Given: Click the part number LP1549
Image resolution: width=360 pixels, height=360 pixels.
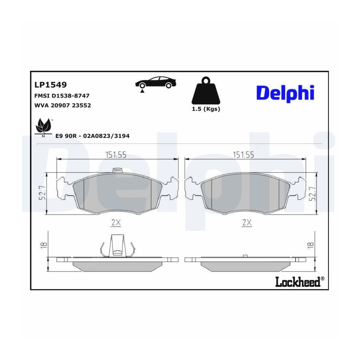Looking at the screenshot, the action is [x=50, y=85].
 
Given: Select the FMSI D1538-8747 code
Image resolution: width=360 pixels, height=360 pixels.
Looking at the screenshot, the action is [x=62, y=96].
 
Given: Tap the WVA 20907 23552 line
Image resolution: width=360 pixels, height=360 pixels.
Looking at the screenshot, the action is [x=63, y=105].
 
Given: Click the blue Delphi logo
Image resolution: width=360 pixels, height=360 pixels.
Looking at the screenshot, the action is [x=285, y=94].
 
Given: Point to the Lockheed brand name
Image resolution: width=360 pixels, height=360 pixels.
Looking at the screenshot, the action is [x=300, y=282].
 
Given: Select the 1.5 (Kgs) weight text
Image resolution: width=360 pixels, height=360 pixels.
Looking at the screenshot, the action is [x=206, y=109].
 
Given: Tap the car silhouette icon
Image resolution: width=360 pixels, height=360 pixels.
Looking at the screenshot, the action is [x=156, y=82].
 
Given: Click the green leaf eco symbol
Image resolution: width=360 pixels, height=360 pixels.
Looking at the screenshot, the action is [x=43, y=127].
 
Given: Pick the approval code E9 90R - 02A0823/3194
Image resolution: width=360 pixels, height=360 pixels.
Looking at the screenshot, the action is [x=92, y=136].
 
